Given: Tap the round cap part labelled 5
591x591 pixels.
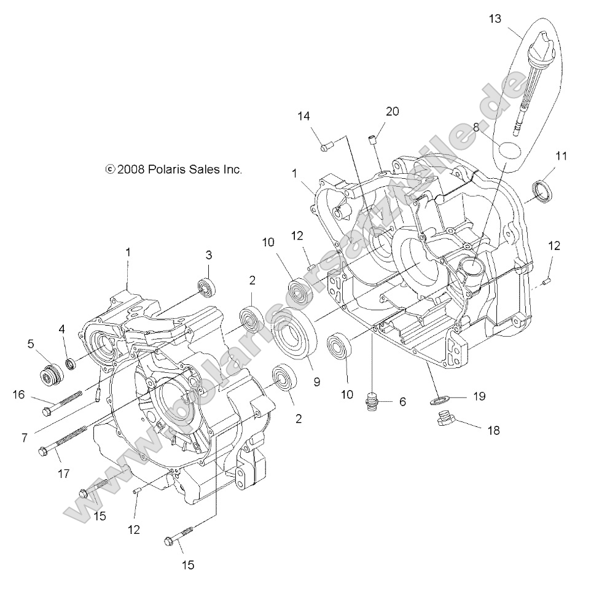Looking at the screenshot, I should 50,374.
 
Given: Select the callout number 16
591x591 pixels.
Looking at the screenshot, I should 20,395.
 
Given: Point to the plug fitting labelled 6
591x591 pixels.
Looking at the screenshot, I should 374,402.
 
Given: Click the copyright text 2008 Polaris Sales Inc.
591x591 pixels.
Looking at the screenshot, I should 174,169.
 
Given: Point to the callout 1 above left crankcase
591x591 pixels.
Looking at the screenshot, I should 128,252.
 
